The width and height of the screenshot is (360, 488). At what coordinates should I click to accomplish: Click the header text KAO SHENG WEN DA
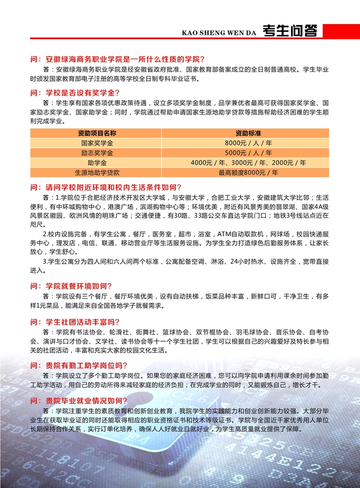(x=219, y=33)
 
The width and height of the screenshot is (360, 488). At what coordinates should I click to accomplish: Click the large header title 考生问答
(x=289, y=31)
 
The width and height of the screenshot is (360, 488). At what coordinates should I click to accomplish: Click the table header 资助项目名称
(x=97, y=133)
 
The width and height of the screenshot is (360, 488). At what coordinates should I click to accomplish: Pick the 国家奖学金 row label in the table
(x=97, y=143)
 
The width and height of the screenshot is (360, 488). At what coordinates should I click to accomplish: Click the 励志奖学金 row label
(x=97, y=153)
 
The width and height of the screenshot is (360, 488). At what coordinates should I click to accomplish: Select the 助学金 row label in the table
(x=97, y=162)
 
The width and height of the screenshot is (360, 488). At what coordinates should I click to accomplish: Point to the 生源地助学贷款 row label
(x=97, y=172)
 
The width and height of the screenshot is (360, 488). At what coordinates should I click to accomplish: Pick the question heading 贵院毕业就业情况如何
(x=82, y=401)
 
